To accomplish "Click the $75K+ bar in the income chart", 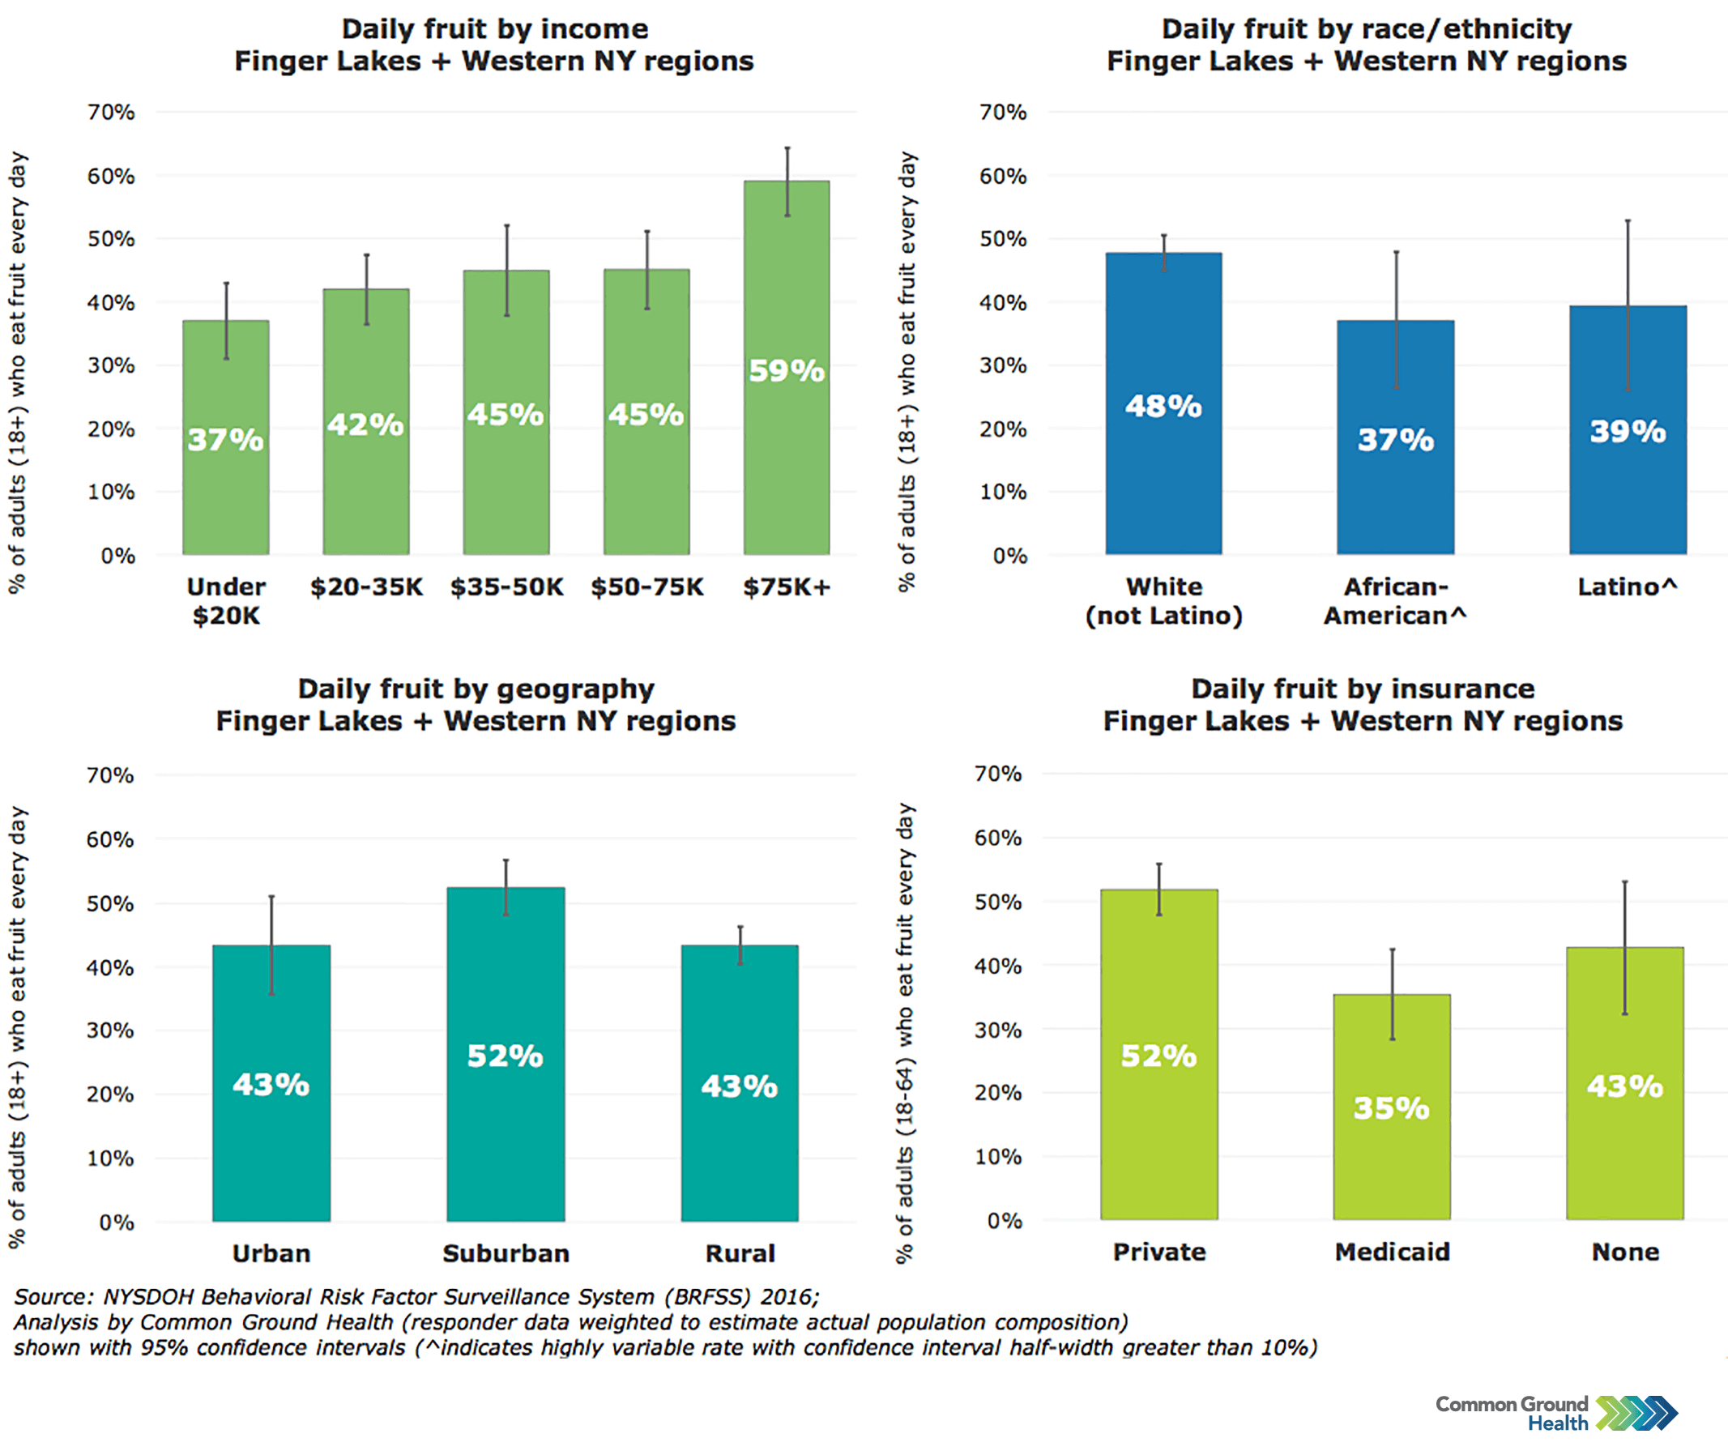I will click(786, 462).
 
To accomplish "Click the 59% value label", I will click(786, 371).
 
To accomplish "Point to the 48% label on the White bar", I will click(1163, 406).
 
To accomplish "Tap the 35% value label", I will click(1392, 1107).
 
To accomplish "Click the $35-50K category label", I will click(506, 587).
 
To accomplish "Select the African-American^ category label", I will click(1395, 600).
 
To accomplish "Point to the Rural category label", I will click(740, 1253).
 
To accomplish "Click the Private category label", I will click(1158, 1252).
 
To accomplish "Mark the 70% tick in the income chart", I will click(111, 112).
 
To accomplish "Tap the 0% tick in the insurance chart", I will click(1004, 1220).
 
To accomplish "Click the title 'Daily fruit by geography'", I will click(476, 688).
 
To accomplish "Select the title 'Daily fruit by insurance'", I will click(1363, 688).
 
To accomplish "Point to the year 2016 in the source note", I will click(787, 1297).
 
